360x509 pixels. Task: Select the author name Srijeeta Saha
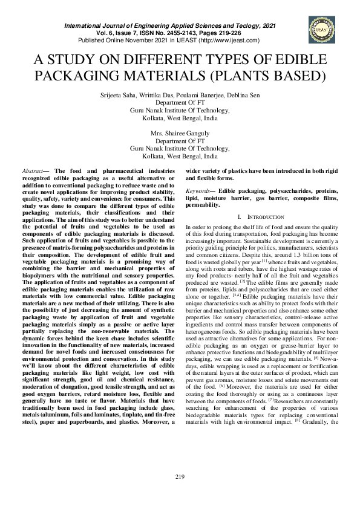pos(117,95)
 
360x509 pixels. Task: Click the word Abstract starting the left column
pos(43,171)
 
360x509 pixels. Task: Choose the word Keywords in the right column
pos(199,191)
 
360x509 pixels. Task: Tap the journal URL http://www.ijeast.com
pos(231,41)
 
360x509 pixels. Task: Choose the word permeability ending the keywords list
pos(203,206)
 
